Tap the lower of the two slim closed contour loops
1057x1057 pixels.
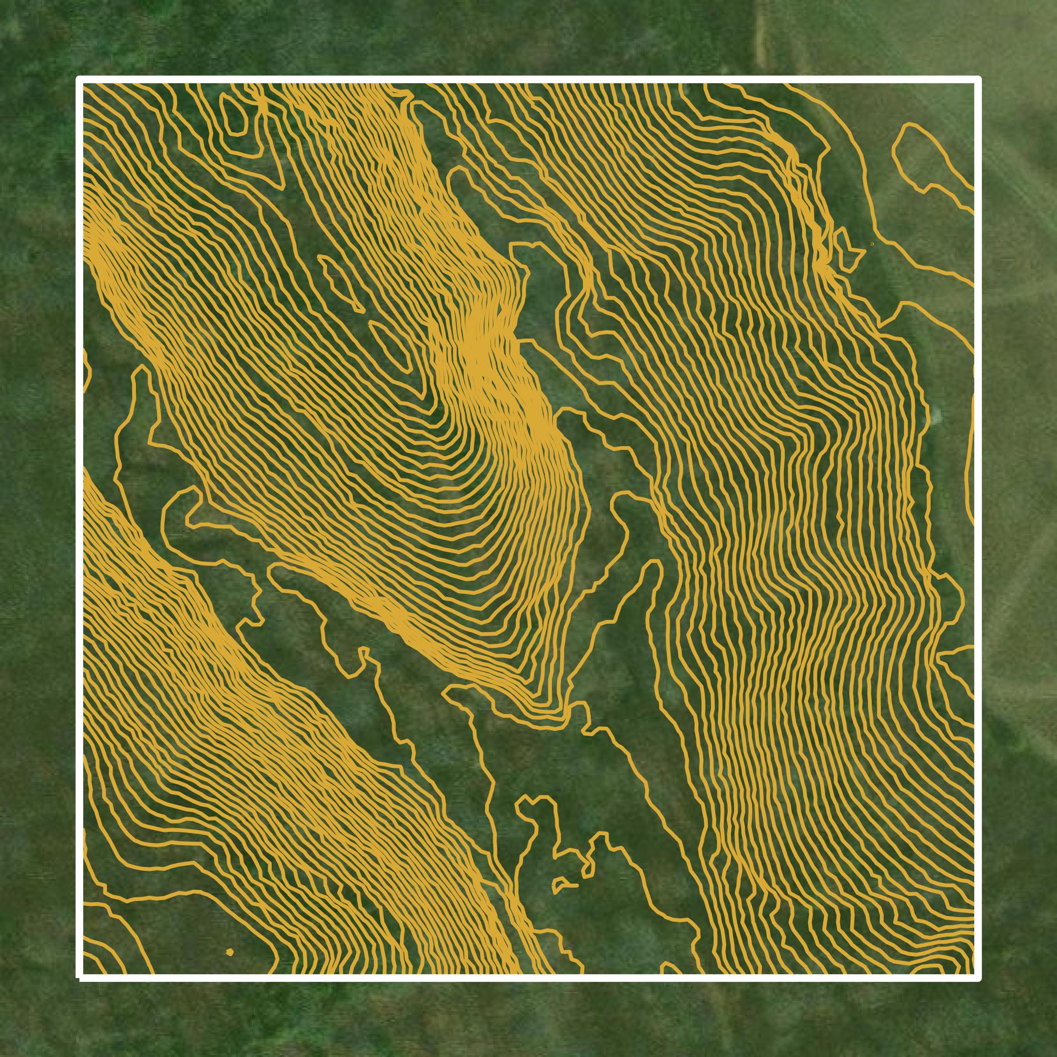pyautogui.click(x=390, y=344)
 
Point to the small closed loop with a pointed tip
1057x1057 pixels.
pyautogui.click(x=846, y=249)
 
